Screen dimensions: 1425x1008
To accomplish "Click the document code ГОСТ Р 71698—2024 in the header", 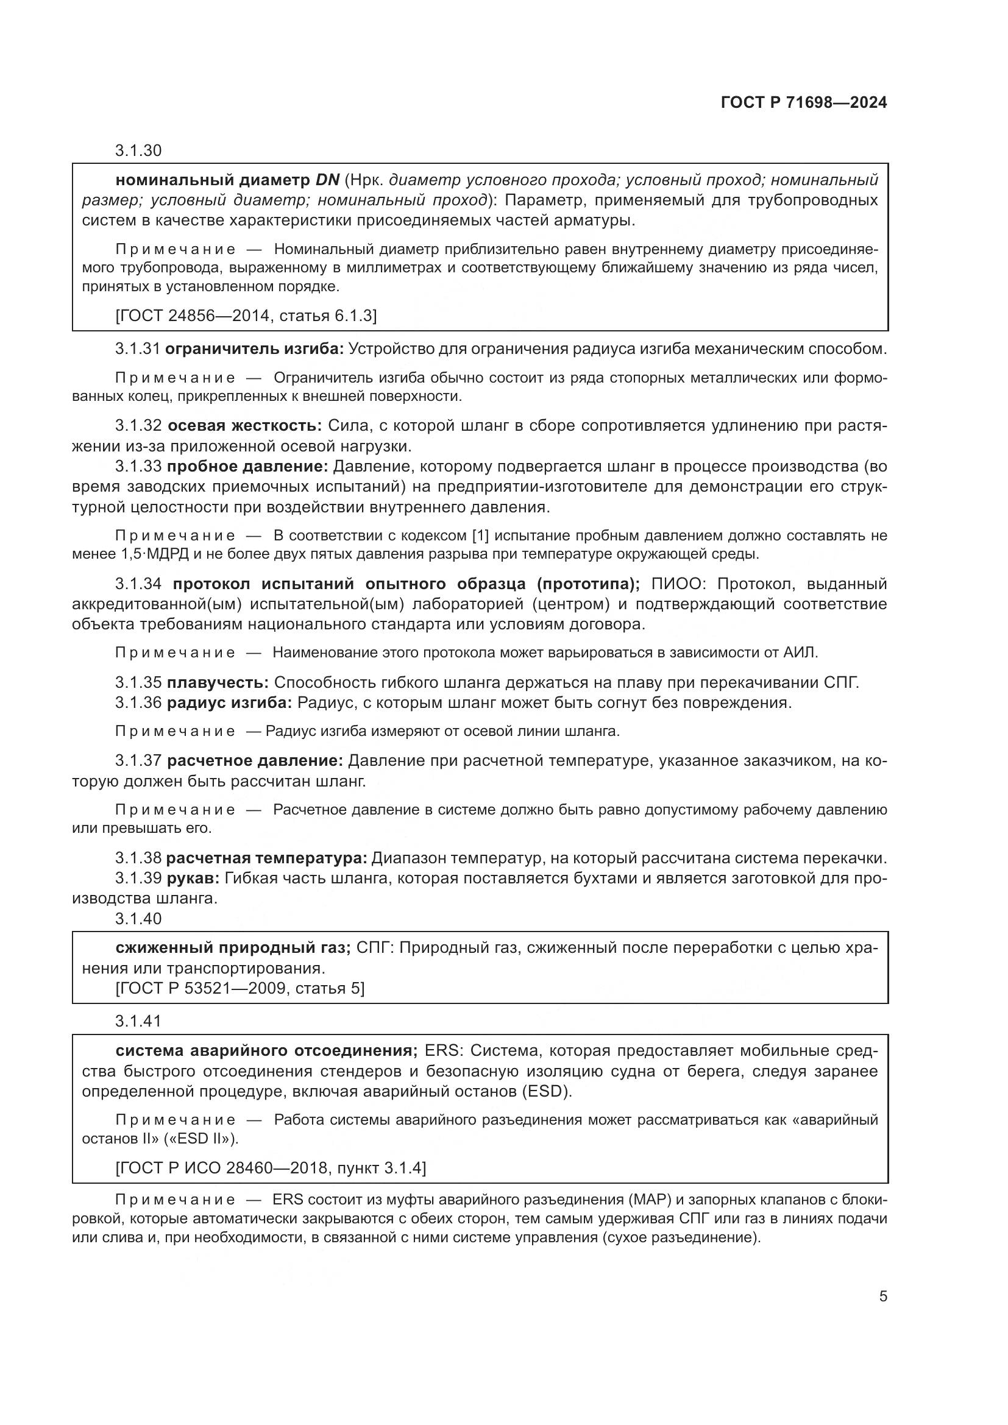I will [804, 103].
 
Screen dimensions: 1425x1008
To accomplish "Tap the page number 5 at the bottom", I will [882, 1296].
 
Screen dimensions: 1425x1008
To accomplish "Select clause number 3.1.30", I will [138, 150].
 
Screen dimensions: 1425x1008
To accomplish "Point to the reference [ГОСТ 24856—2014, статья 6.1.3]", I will [246, 316].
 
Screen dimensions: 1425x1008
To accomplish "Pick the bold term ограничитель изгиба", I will [255, 349].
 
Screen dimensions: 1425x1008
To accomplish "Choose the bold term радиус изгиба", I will [230, 703].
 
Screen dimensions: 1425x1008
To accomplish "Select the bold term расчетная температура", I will [267, 858].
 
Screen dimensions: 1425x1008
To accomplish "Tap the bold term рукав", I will [193, 879].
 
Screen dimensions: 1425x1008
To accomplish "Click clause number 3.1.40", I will [138, 919].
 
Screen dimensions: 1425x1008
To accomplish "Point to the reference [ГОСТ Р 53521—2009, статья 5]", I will [240, 988].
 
